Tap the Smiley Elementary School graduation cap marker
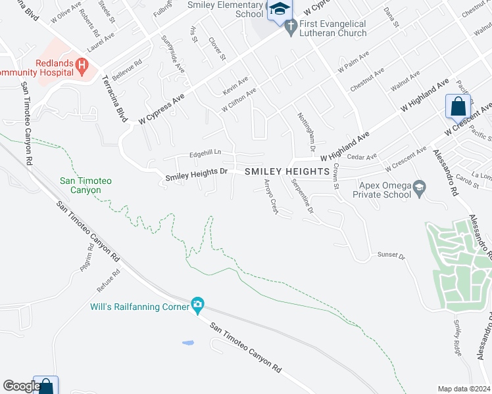tap(279, 9)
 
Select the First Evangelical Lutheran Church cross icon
tap(291, 26)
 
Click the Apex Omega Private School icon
tap(418, 190)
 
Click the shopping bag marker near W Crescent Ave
tap(458, 106)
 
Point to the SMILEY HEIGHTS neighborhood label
tap(287, 171)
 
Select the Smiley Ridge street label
tap(457, 338)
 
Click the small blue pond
tap(189, 343)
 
